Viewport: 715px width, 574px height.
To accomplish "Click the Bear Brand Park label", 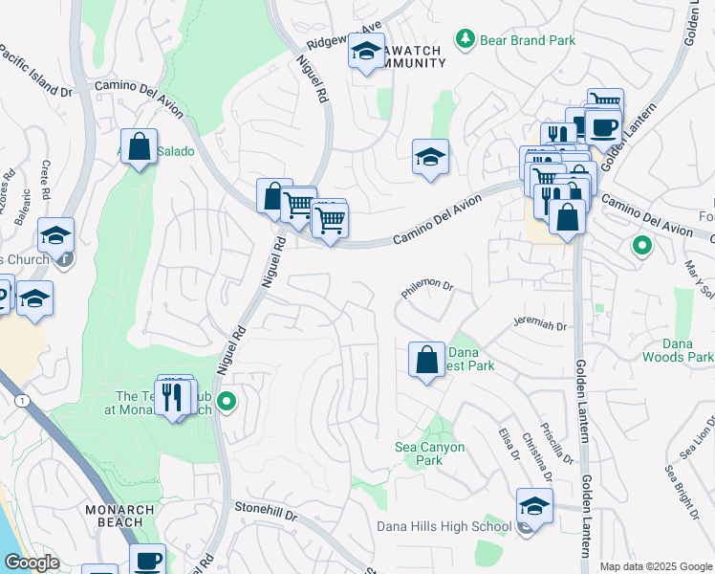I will [x=529, y=40].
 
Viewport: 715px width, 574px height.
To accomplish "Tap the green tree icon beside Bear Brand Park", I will [x=466, y=39].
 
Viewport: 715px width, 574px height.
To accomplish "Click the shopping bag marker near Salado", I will [x=140, y=147].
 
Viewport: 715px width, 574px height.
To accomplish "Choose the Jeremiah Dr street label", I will [x=539, y=324].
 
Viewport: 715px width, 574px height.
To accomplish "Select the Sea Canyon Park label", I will [x=430, y=453].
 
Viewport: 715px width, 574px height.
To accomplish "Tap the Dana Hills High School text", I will [x=444, y=526].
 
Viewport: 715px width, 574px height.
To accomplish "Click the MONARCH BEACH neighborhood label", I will [x=119, y=516].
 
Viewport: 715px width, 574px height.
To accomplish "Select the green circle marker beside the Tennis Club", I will [x=227, y=402].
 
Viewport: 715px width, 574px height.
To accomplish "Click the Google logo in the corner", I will [x=31, y=563].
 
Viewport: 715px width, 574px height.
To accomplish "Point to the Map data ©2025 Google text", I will [x=655, y=566].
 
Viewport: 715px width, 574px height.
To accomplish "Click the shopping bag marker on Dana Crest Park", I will [x=426, y=360].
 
